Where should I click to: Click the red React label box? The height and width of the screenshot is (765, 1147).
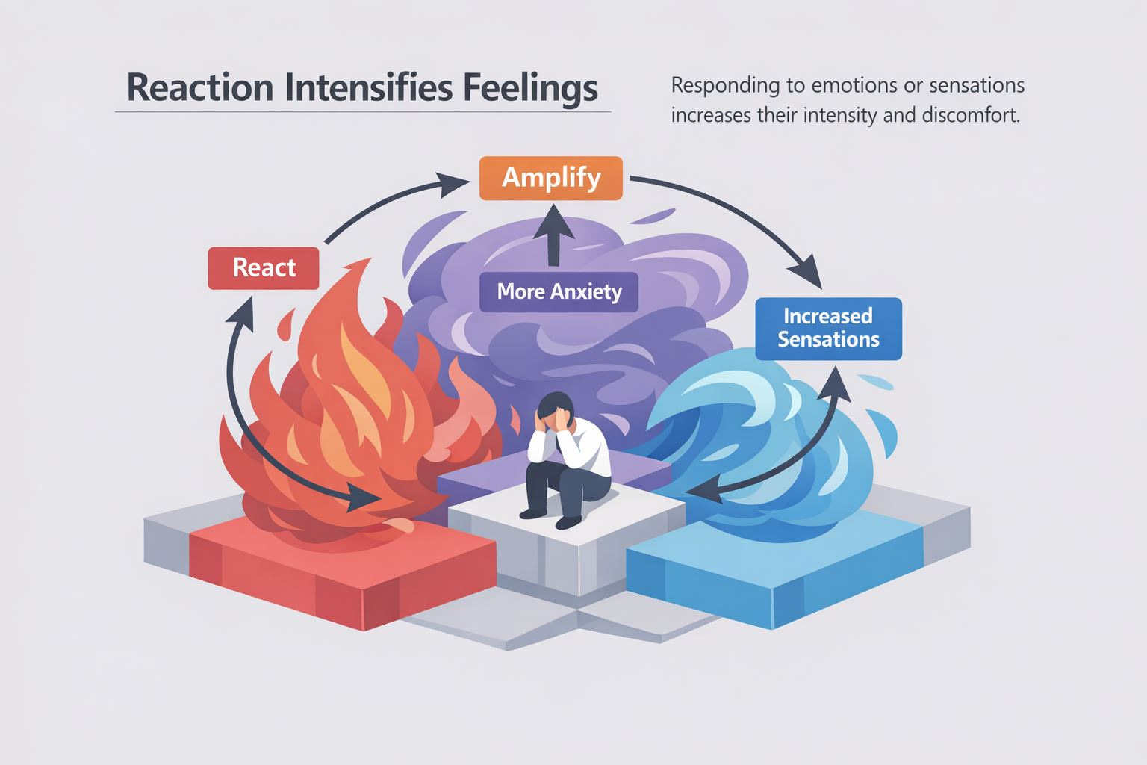click(x=264, y=267)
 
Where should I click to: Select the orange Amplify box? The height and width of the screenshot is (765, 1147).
click(x=551, y=178)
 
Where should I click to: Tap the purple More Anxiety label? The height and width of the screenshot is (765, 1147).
click(x=559, y=291)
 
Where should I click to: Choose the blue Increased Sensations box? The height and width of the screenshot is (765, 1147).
click(x=828, y=328)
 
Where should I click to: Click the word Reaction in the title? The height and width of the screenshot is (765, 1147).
click(x=200, y=87)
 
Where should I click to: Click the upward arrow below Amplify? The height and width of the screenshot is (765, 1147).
click(x=553, y=238)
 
